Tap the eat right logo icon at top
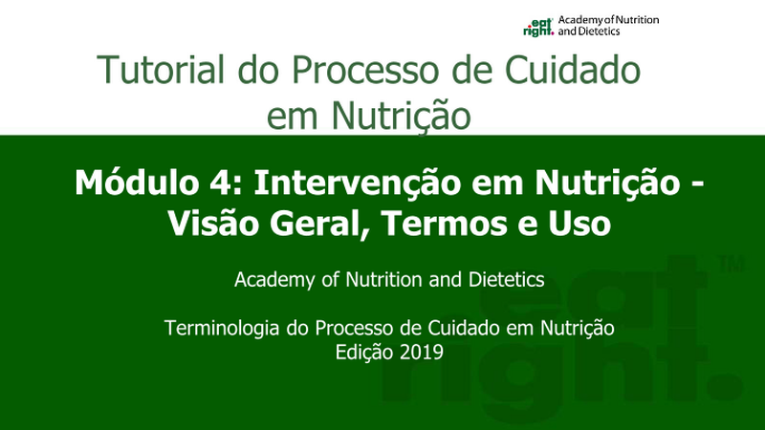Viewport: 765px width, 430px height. click(x=538, y=28)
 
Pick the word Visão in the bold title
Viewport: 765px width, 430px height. click(x=212, y=224)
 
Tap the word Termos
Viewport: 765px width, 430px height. click(x=443, y=224)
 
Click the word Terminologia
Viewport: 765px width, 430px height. click(x=224, y=328)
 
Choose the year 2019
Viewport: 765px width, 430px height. click(x=421, y=352)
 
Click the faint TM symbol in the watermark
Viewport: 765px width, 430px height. click(x=732, y=266)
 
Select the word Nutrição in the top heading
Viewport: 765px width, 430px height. click(x=401, y=116)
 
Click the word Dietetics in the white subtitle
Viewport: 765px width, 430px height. click(x=507, y=280)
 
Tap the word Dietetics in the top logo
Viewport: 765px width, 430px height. click(x=599, y=32)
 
